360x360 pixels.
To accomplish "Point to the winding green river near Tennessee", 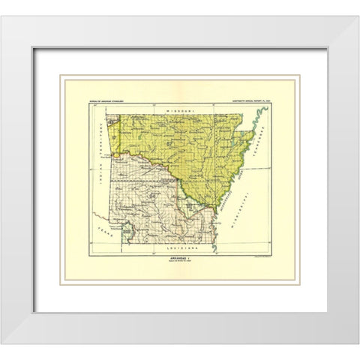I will click(259, 124).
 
